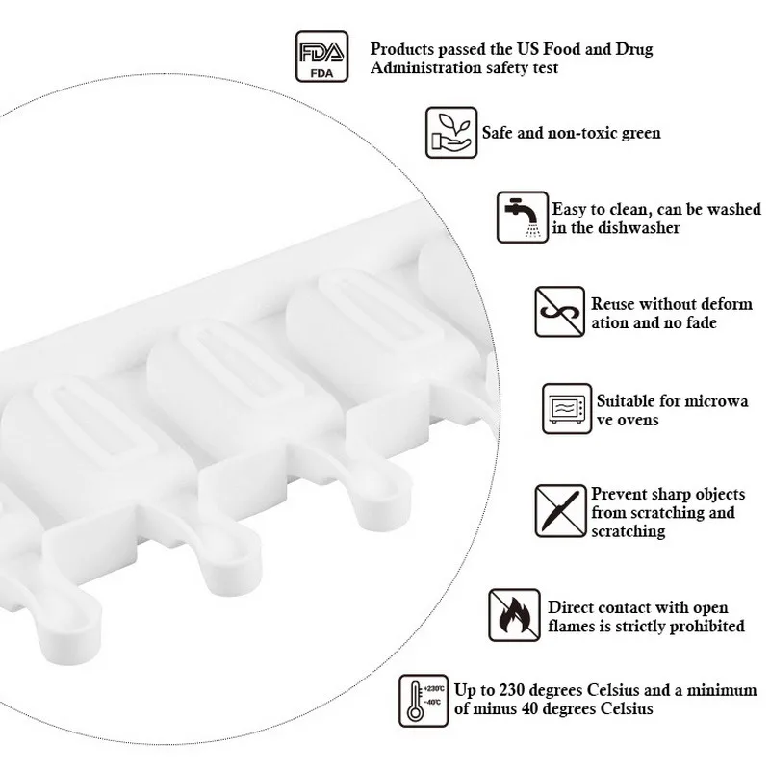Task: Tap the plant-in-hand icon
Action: (451, 132)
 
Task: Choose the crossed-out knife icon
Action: (559, 510)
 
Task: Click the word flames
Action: (575, 626)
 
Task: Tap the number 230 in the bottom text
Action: (504, 690)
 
